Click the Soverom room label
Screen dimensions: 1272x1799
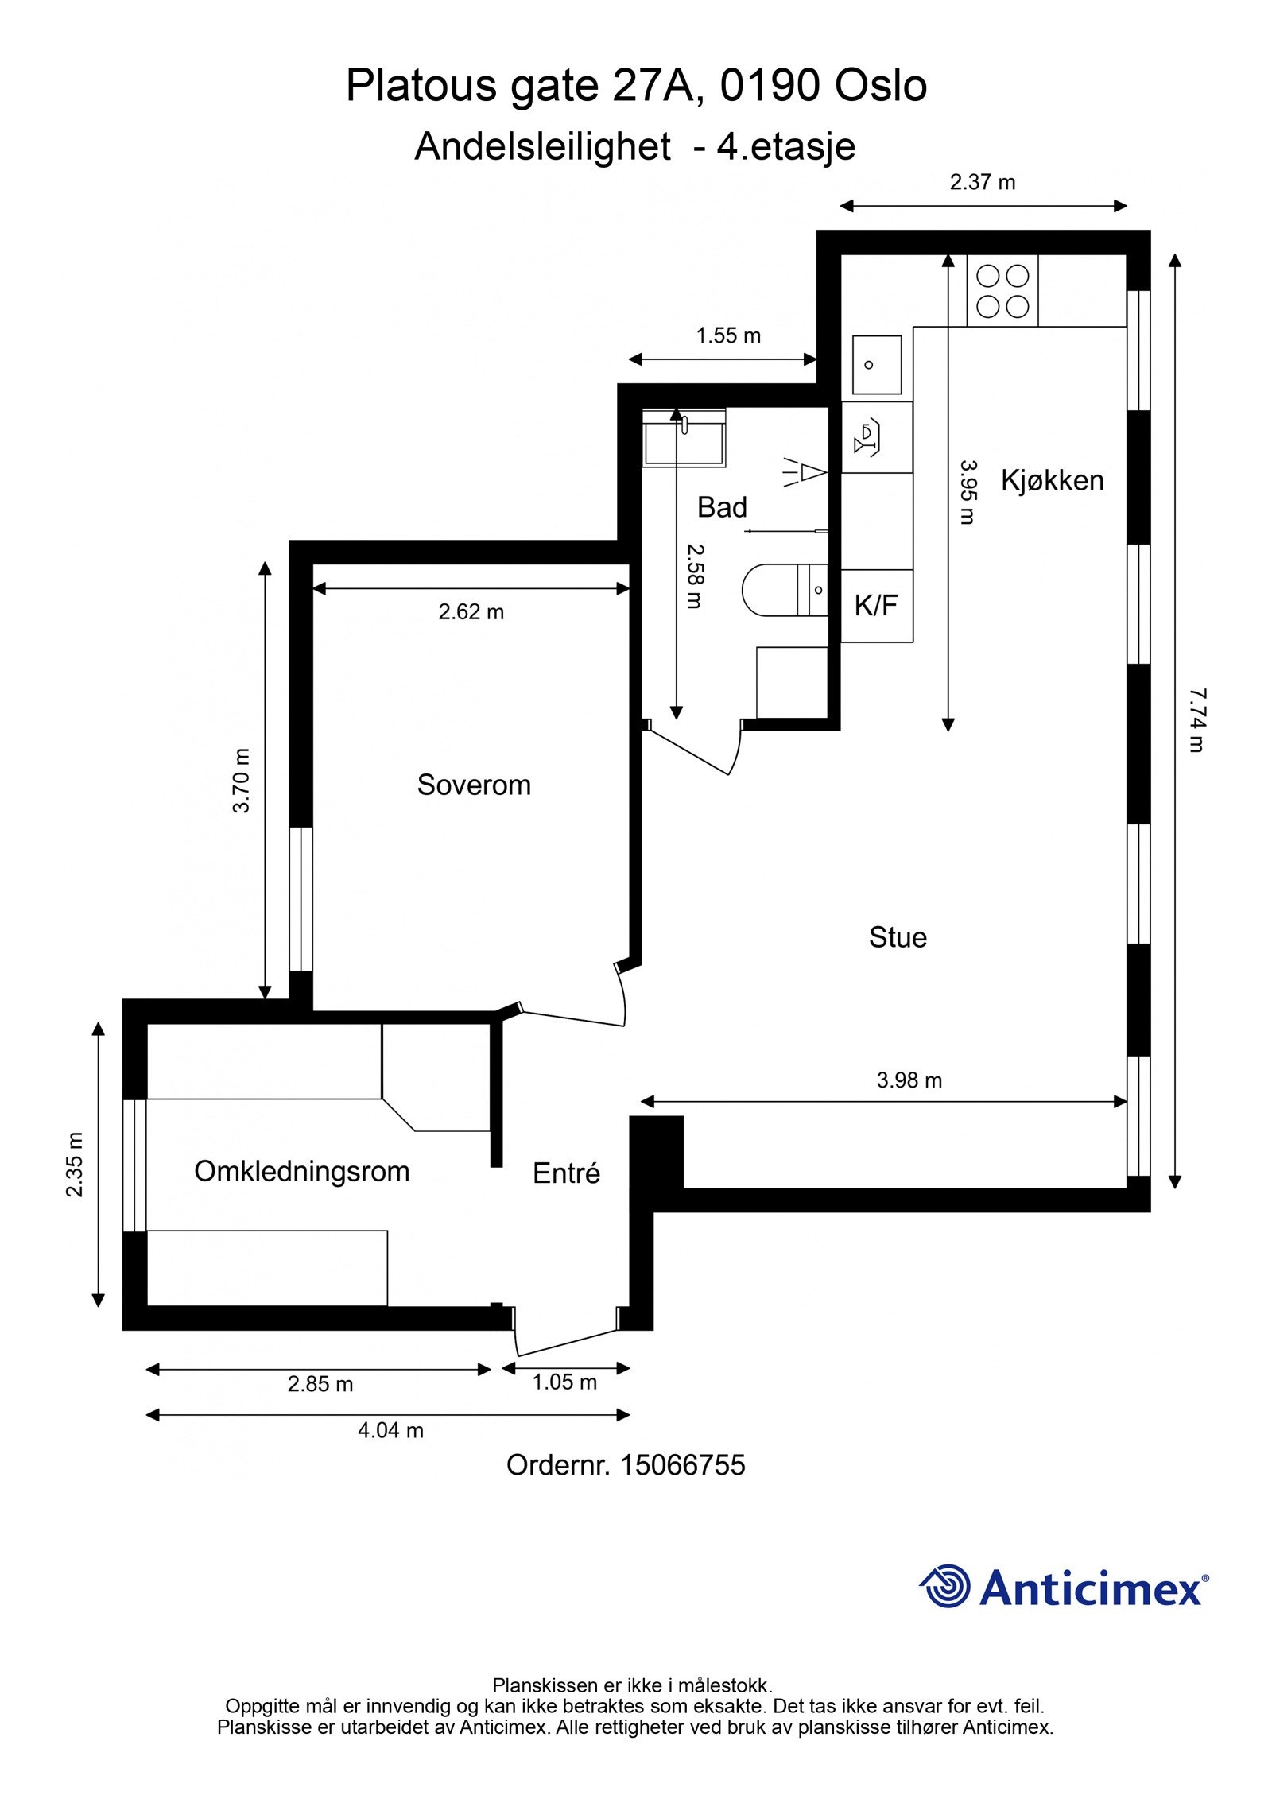(x=474, y=785)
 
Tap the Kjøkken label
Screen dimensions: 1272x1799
(x=1052, y=480)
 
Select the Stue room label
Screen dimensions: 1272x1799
(x=898, y=937)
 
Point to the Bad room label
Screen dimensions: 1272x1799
(x=722, y=507)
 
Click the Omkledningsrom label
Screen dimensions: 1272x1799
(x=302, y=1171)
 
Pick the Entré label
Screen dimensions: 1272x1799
(x=566, y=1173)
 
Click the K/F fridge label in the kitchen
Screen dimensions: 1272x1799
(x=876, y=606)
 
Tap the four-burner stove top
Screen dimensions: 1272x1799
(x=1002, y=290)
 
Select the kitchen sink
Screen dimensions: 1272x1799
(x=877, y=365)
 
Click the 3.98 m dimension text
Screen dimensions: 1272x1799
(x=909, y=1080)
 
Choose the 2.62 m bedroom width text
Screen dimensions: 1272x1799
(x=471, y=611)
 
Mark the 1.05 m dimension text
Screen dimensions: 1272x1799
(x=564, y=1382)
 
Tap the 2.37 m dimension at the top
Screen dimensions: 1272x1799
(x=983, y=182)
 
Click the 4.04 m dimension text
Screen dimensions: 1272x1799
(x=390, y=1430)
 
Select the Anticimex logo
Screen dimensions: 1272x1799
(x=1064, y=1587)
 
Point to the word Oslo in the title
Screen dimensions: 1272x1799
(x=880, y=86)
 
